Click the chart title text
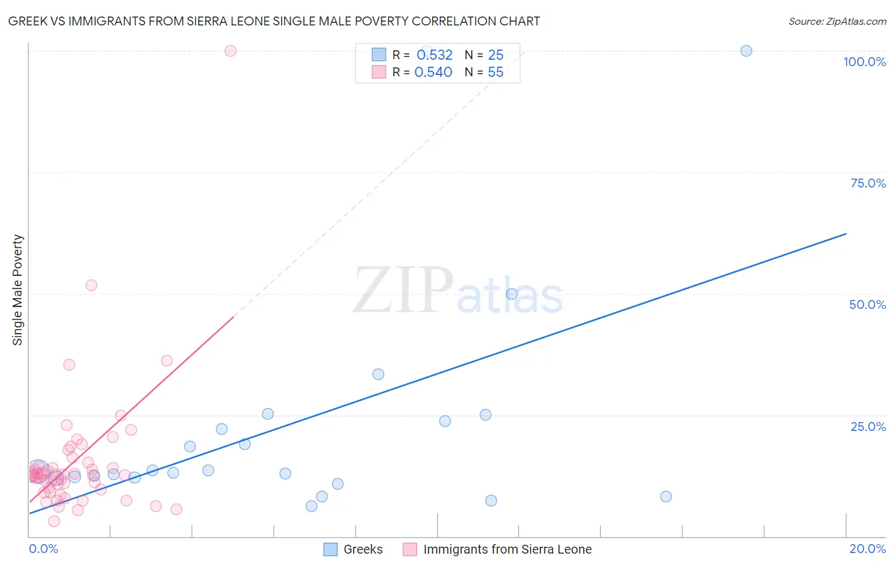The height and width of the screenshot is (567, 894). pos(274,21)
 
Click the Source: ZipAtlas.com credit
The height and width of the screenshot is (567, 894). pos(837,21)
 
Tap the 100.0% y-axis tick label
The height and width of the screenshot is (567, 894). pos(864,62)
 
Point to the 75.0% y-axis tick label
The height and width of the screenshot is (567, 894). pos(868,183)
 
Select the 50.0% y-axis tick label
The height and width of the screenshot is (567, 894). pos(867,304)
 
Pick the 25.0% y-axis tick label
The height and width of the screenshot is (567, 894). pos(868,427)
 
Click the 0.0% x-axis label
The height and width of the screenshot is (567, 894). pos(44,549)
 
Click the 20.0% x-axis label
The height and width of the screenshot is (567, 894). pos(867,549)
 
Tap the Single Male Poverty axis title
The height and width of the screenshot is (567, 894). pos(18,290)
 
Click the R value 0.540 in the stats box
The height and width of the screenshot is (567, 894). pos(433,72)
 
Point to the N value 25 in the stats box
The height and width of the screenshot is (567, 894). pos(495,55)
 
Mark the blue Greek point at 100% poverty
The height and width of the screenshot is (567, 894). pos(746,51)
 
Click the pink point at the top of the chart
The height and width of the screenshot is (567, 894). pos(231,51)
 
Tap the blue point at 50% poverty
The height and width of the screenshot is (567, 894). pos(512,294)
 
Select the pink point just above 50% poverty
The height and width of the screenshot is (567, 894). pos(92,285)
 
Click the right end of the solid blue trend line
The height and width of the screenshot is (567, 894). pos(846,234)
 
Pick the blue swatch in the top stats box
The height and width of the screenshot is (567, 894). pos(379,55)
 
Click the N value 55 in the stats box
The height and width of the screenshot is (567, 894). pos(495,72)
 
